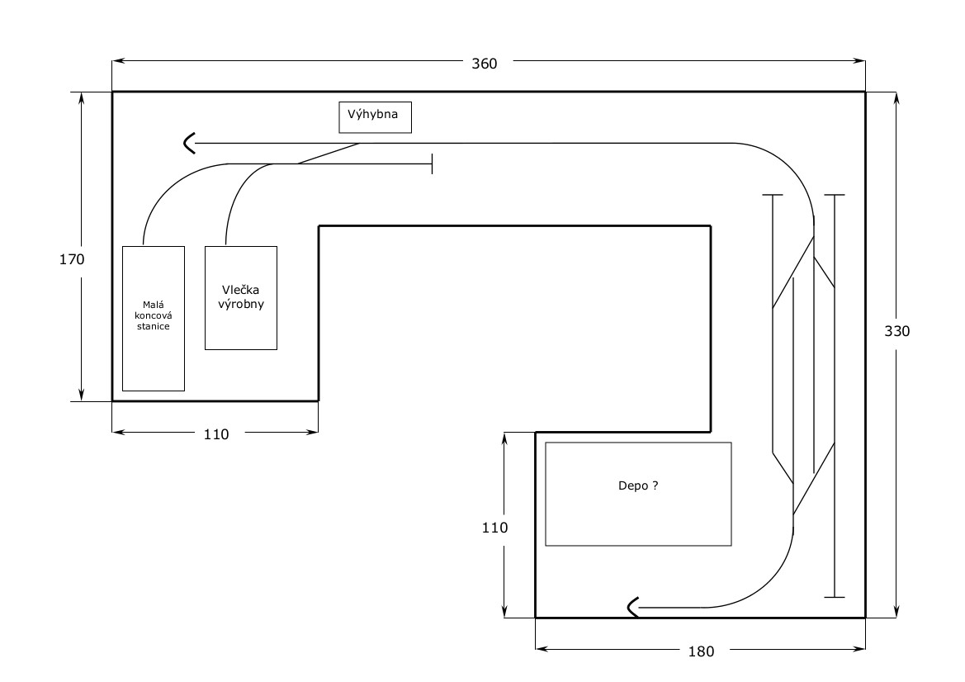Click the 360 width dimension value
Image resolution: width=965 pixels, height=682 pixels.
(485, 63)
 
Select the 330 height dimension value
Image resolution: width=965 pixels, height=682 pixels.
(896, 331)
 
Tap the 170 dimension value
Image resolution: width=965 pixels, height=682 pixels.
(72, 259)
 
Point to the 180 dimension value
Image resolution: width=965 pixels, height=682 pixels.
(700, 651)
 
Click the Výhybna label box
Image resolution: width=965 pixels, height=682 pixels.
(375, 116)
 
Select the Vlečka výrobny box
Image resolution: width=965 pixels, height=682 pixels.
(241, 297)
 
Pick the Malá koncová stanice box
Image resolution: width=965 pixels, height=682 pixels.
(153, 318)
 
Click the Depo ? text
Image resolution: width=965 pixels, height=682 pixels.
(638, 486)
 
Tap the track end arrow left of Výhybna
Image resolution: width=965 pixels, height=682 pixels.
(189, 144)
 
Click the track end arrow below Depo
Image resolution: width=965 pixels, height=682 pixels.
(633, 609)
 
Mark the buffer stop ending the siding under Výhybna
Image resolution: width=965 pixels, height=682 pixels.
(432, 163)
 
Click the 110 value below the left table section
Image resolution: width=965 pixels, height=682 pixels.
(215, 434)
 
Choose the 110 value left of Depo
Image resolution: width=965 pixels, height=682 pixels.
(495, 528)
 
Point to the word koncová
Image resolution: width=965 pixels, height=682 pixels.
(153, 316)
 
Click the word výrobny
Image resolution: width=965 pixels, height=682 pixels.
(241, 305)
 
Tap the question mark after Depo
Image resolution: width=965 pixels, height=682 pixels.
(655, 486)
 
